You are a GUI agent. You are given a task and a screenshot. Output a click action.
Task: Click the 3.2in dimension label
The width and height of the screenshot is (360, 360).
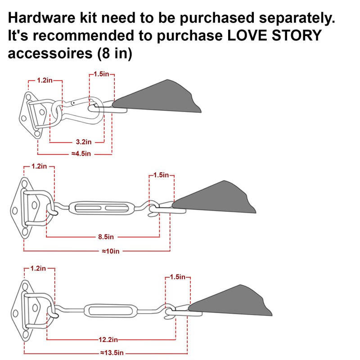point(84,142)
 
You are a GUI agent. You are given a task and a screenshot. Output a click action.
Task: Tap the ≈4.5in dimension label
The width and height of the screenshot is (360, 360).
point(81,153)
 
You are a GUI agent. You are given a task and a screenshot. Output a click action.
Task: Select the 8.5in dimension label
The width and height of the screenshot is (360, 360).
point(106,237)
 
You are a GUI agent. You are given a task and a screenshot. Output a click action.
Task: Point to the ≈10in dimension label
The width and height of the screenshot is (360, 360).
point(110,251)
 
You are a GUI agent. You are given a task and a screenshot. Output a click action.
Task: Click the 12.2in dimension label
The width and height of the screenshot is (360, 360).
point(108,339)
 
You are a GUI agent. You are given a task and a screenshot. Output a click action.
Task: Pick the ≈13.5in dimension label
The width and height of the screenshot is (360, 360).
point(112,353)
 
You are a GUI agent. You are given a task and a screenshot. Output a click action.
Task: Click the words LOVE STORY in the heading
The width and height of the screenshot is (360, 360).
point(274,36)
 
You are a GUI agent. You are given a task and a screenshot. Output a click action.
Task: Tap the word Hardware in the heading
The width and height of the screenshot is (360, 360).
point(41,18)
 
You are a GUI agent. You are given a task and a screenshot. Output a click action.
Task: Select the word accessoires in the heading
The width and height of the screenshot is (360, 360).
point(50,53)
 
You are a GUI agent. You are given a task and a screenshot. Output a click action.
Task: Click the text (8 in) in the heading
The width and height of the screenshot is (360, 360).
point(115,54)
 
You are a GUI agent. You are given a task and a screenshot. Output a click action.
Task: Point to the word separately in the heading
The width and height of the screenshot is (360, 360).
point(297,18)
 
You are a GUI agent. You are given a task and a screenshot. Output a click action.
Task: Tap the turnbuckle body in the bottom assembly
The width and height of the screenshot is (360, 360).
point(111,311)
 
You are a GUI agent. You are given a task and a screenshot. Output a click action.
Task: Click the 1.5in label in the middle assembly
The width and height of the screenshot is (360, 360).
point(161,175)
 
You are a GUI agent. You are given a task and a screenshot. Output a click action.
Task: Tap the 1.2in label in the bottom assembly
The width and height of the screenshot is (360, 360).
point(38,268)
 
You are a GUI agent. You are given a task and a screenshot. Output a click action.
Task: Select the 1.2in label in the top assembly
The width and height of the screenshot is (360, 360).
point(45,81)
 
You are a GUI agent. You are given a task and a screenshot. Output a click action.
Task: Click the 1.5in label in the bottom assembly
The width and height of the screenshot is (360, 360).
point(177,277)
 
